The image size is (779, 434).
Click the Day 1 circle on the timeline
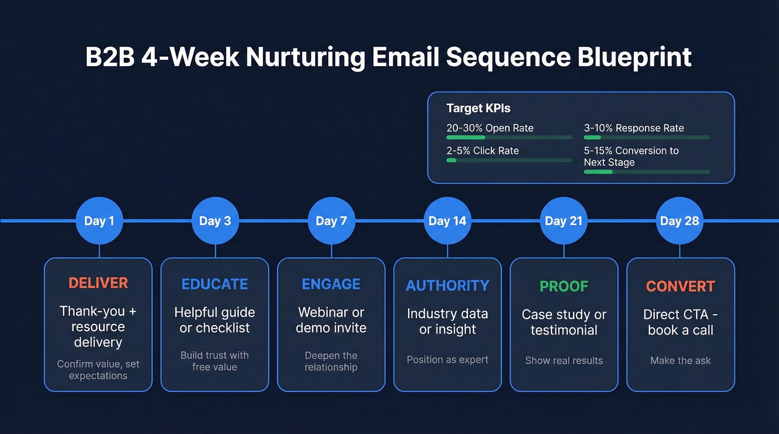coord(99,221)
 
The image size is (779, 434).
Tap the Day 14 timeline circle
coord(447,221)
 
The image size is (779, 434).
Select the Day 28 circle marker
coord(679,221)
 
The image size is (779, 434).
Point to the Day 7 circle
coord(331,221)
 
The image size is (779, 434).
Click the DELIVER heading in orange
coord(98,283)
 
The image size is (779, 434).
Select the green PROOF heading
coord(564,286)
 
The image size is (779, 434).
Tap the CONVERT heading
coord(680,286)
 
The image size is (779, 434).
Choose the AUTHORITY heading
coord(447,286)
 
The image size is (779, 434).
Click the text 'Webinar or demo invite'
coord(331,320)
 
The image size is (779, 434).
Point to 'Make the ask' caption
coord(680,361)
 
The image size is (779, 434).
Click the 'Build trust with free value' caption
coord(215,361)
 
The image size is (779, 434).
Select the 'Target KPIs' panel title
coord(478,108)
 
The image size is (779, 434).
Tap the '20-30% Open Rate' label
coord(490,128)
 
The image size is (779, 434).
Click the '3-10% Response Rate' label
coord(634,128)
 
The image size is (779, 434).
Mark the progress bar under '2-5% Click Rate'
coord(509,160)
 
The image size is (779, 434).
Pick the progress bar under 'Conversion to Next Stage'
coord(647,172)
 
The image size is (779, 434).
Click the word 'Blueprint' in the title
coord(634,57)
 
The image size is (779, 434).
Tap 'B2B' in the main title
coord(110,57)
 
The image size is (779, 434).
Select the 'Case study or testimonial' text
coord(564,322)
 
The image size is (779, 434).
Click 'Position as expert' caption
coord(447,360)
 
